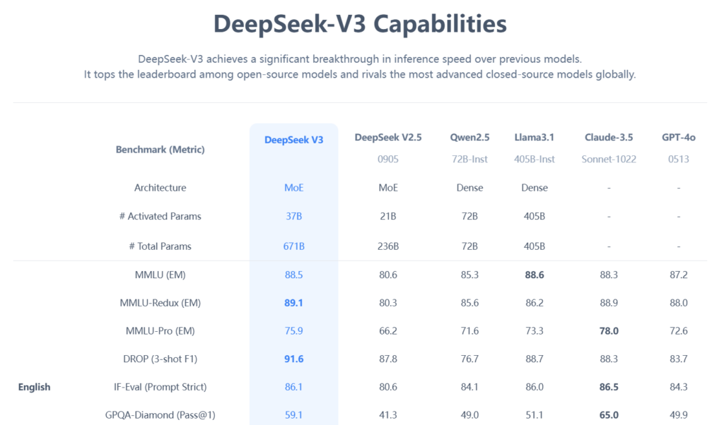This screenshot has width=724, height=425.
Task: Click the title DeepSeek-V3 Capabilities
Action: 360,24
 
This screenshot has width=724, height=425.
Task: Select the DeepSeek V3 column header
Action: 293,140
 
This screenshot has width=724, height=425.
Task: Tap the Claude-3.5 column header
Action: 608,137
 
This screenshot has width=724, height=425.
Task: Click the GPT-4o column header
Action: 678,137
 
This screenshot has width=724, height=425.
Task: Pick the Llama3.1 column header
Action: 535,137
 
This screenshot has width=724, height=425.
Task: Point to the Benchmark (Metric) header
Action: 160,150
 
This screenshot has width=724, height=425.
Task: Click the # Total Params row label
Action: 160,246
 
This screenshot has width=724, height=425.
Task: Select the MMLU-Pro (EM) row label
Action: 160,330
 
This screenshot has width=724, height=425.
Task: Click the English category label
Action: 34,387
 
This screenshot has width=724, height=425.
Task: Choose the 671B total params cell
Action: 293,246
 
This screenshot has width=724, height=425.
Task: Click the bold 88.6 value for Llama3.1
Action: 535,275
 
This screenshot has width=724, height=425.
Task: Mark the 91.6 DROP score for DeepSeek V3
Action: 293,359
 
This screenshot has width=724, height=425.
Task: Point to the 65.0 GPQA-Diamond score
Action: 608,415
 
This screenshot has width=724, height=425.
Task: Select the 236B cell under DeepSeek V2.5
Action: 387,246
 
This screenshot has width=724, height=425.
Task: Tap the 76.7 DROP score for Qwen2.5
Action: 469,359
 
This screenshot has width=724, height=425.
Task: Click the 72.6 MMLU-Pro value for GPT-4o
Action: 678,330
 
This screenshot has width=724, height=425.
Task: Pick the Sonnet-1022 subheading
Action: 608,159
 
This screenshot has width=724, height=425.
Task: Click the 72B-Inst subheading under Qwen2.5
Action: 469,159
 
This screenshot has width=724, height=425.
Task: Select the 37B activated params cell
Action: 293,216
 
